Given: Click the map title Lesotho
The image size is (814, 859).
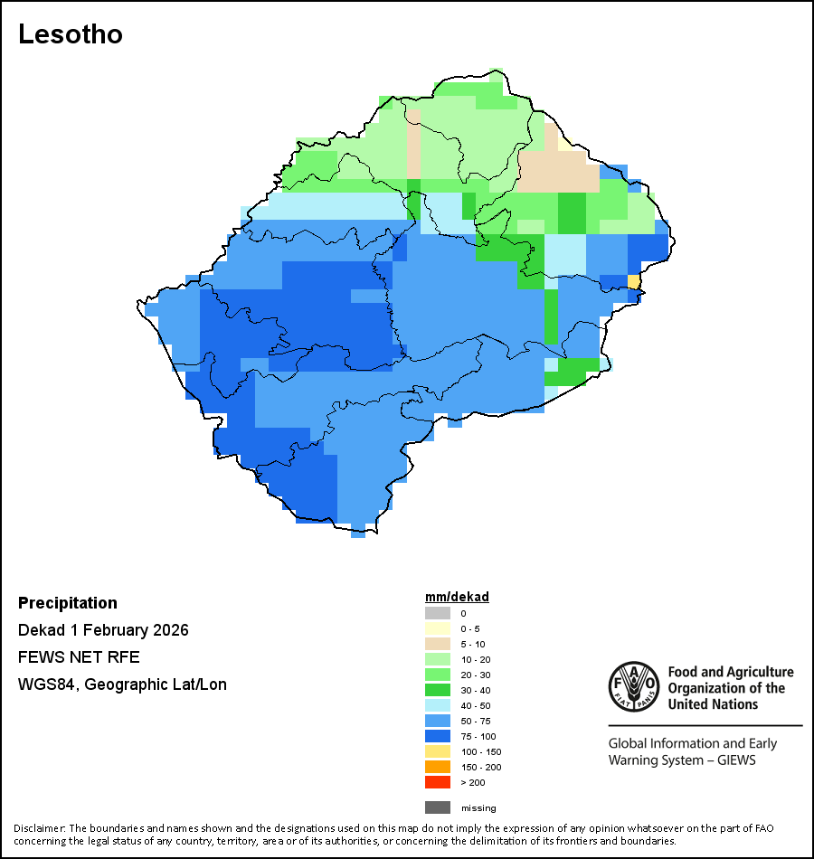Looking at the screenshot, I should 71,34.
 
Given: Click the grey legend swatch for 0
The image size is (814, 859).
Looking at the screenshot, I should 437,613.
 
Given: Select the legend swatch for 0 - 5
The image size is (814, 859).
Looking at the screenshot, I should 437,628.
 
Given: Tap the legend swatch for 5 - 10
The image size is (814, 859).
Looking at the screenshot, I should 437,644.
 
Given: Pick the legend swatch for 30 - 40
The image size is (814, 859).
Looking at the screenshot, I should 437,690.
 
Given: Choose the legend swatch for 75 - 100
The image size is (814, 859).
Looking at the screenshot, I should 437,736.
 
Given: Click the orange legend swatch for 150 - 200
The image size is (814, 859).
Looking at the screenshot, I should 437,767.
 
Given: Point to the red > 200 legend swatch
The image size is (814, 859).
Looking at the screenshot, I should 437,782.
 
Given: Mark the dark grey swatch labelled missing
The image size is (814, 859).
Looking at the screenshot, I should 437,807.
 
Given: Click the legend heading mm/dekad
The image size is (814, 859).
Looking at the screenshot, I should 457,597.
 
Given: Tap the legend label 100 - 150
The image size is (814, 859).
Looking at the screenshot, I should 480,751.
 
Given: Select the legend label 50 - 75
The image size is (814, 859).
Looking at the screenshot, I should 477,721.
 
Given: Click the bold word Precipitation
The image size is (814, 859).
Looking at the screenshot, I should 68,603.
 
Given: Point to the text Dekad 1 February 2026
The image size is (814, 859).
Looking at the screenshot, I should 103,630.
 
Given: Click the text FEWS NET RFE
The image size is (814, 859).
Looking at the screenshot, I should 79,657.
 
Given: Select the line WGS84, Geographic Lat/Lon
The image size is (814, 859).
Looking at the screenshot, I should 122,684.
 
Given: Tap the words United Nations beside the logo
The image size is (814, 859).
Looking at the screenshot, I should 714,703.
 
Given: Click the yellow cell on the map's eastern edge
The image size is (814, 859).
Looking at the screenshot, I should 634,282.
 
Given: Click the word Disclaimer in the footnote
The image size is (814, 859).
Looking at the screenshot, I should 39,828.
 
